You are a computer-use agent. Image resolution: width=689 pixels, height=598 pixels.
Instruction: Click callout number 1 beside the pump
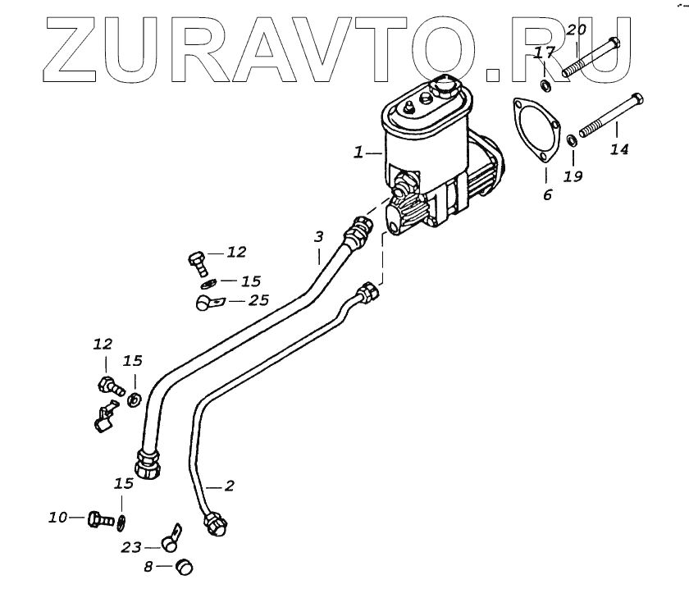pos(358,153)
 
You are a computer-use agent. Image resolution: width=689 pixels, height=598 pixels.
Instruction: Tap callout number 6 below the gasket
pos(547,194)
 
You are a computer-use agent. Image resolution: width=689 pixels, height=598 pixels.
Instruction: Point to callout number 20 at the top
pos(577,31)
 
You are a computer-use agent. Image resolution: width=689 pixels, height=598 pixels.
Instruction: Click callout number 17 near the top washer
pos(542,54)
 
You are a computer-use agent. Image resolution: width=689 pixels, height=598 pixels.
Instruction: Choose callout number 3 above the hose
pos(318,237)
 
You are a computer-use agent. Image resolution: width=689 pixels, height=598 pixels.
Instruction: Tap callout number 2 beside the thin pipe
pos(230,486)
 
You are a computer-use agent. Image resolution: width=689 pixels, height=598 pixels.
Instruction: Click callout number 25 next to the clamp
pos(258,301)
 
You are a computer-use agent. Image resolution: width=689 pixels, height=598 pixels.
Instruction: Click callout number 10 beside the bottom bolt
pos(57,518)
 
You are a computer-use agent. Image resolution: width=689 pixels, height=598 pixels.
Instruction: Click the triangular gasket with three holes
pos(534,134)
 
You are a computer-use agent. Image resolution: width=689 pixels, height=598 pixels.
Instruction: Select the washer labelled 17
pos(545,85)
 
